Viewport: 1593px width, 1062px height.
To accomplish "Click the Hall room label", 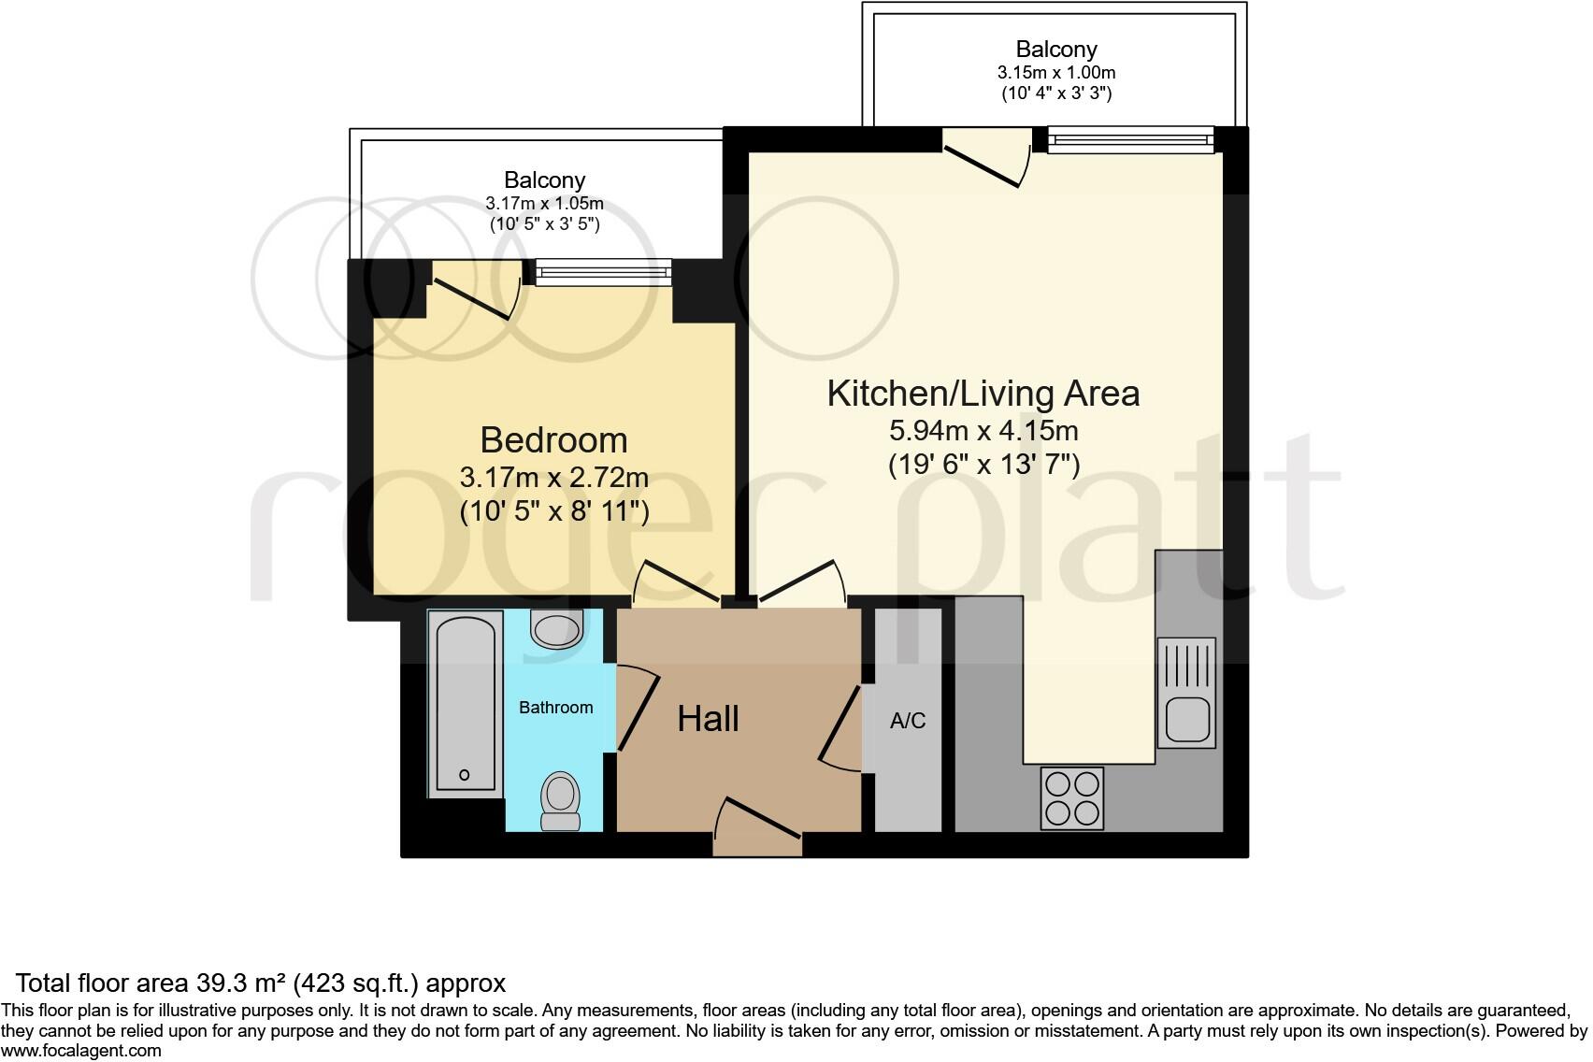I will (x=708, y=719).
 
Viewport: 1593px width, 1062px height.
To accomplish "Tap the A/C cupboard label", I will (x=908, y=721).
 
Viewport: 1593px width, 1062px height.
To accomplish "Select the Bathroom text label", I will (x=555, y=708).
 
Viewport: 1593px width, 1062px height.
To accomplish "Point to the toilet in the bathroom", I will (x=560, y=801).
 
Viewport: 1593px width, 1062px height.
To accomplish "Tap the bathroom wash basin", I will (x=555, y=628).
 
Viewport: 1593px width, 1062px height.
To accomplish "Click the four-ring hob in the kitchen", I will (x=1072, y=797).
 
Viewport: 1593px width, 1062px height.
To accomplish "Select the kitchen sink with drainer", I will (x=1186, y=693).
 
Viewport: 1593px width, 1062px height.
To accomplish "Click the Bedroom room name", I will (x=553, y=439).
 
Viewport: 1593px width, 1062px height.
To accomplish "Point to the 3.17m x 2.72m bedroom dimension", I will (x=553, y=478).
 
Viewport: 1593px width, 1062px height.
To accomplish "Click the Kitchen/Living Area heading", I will (x=983, y=394).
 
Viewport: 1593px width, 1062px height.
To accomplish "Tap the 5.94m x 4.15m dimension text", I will (x=983, y=431).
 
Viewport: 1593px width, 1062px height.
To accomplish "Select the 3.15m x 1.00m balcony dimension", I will (x=1056, y=72).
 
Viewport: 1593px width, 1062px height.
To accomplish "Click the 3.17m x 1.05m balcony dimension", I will (x=544, y=203).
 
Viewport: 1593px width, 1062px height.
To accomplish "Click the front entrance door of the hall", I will (x=758, y=823).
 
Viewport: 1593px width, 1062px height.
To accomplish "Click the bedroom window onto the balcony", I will (x=603, y=272).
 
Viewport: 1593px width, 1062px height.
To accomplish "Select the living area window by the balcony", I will (x=1130, y=141).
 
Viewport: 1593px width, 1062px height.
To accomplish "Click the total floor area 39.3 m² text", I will (x=261, y=983).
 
